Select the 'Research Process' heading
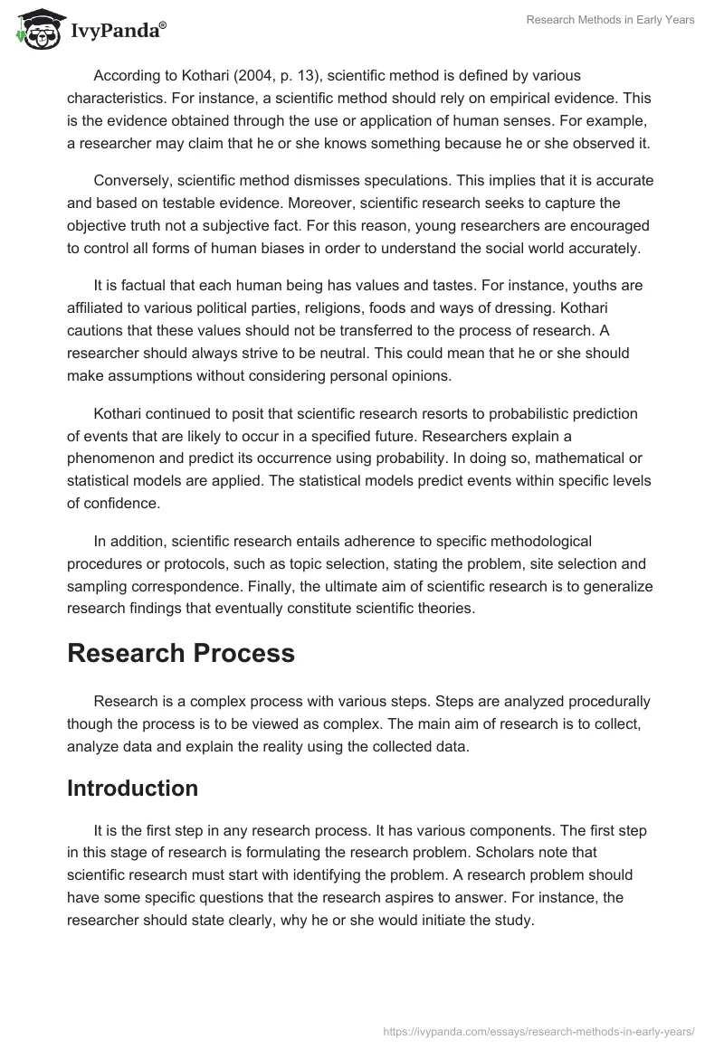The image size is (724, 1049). (x=181, y=653)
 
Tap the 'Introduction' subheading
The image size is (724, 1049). (x=132, y=788)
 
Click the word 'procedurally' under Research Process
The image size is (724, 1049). (x=611, y=701)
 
